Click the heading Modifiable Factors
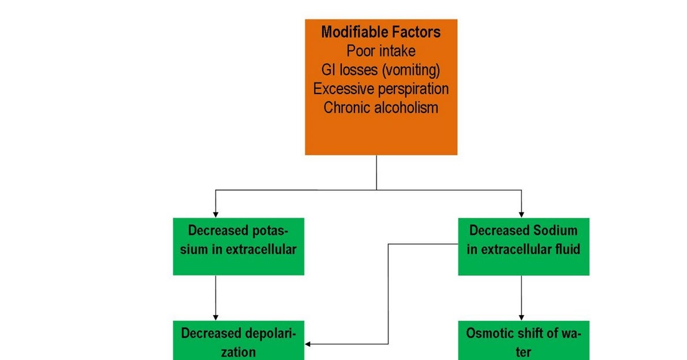coord(381,32)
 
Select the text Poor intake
coord(381,51)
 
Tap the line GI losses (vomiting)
coord(381,70)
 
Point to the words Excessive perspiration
coord(381,89)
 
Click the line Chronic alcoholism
coord(381,107)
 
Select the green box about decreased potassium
coord(238,246)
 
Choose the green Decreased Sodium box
coord(524,246)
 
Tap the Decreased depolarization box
coord(238,341)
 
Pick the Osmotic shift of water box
coord(524,341)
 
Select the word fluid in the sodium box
coord(564,250)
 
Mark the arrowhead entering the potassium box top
coord(215,214)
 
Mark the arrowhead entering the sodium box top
coord(522,214)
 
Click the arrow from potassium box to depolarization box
coord(215,297)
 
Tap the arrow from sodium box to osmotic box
coord(522,297)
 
